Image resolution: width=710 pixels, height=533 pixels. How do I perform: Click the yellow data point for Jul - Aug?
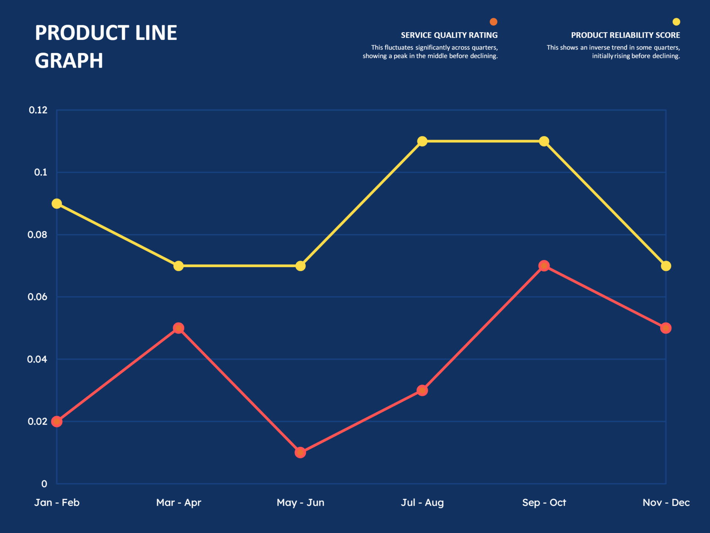coord(422,141)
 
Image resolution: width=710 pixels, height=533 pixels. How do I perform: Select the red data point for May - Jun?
coord(300,452)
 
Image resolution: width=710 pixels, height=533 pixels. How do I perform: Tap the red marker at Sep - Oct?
coord(544,266)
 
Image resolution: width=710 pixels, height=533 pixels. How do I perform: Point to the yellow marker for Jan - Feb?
coord(57,204)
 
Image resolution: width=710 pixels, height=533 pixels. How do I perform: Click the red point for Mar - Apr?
coord(179,328)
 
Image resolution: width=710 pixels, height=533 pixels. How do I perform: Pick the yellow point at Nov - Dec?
coord(666,266)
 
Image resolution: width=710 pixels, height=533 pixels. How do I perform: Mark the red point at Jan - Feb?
coord(57,421)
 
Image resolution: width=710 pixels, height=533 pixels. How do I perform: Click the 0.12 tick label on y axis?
coord(38,110)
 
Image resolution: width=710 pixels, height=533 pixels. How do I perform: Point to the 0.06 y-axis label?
coord(37,297)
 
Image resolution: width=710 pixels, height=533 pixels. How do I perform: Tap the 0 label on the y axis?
coord(44,484)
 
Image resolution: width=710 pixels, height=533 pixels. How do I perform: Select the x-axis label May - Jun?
coord(300,503)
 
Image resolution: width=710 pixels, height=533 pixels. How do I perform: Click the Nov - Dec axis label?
coord(666,503)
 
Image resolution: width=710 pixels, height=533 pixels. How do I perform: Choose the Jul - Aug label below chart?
coord(422,503)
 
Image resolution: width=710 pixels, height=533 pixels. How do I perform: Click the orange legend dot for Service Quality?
coord(493,22)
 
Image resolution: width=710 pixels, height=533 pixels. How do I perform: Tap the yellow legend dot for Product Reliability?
coord(676,22)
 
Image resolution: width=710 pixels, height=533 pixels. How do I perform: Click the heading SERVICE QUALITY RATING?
coord(449,35)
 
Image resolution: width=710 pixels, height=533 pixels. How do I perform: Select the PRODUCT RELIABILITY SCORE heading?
coord(625,35)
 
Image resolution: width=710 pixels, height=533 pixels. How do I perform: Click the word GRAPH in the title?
coord(69,61)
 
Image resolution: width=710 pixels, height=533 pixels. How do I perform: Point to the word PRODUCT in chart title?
coord(82,33)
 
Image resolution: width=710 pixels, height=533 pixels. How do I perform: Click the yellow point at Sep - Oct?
coord(544,141)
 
